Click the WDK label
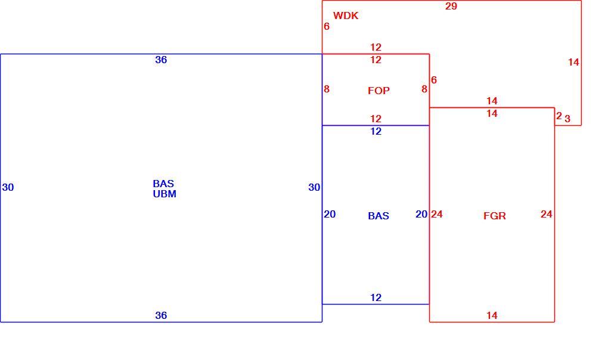pyautogui.click(x=346, y=15)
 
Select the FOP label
pyautogui.click(x=378, y=91)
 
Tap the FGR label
pyautogui.click(x=495, y=216)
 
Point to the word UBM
pyautogui.click(x=165, y=194)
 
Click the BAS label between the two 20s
pyautogui.click(x=378, y=216)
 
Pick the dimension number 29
pyautogui.click(x=451, y=6)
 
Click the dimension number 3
pyautogui.click(x=567, y=119)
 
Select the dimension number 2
pyautogui.click(x=559, y=116)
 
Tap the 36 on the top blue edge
pyautogui.click(x=161, y=60)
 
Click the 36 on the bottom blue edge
pyautogui.click(x=161, y=315)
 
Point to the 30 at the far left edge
pyautogui.click(x=8, y=187)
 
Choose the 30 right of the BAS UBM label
pyautogui.click(x=314, y=187)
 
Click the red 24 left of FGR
pyautogui.click(x=437, y=214)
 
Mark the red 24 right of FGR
pyautogui.click(x=547, y=214)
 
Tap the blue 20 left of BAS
pyautogui.click(x=330, y=214)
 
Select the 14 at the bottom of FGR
pyautogui.click(x=492, y=315)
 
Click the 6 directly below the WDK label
pyautogui.click(x=327, y=26)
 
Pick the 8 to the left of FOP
pyautogui.click(x=327, y=89)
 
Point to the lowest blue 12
pyautogui.click(x=376, y=297)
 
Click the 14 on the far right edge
pyautogui.click(x=573, y=62)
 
